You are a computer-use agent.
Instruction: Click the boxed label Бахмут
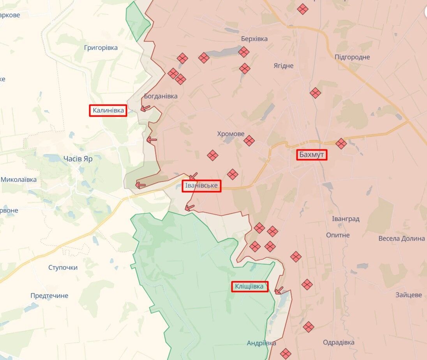pos(312,155)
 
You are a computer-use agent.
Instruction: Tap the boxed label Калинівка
pos(108,111)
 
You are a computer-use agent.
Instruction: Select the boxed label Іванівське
pos(201,186)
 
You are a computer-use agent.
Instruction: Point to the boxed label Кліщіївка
pos(250,287)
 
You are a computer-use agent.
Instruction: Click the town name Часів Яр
pos(78,159)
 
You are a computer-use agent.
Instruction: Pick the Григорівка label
pos(101,48)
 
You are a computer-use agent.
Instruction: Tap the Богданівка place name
pos(161,96)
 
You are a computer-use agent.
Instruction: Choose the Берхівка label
pos(254,39)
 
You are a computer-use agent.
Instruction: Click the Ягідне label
pos(283,66)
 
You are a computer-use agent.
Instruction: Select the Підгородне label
pos(352,57)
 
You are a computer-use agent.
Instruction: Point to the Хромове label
pos(231,134)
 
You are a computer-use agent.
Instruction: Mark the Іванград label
pos(346,219)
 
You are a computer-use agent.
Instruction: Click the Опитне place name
pos(338,235)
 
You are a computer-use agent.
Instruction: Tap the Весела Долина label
pos(401,238)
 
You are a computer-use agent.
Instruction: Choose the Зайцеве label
pos(408,295)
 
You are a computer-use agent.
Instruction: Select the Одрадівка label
pos(339,342)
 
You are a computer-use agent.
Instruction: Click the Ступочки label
pos(63,268)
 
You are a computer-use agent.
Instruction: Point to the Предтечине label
pos(49,296)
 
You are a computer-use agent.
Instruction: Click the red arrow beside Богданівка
pos(145,108)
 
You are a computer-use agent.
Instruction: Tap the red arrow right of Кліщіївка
pos(279,291)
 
